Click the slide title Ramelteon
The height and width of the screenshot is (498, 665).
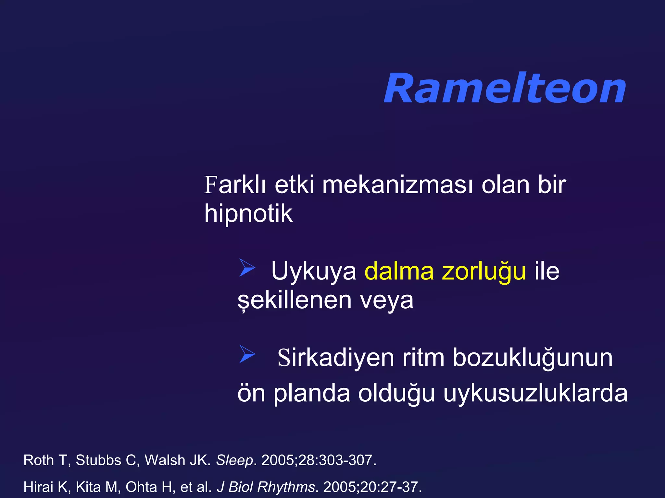click(x=505, y=88)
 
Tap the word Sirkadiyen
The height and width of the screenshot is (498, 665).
click(x=336, y=358)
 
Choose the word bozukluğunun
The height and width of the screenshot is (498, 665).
click(x=533, y=358)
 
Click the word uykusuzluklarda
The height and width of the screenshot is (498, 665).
click(x=535, y=393)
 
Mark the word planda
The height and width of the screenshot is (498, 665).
click(x=312, y=393)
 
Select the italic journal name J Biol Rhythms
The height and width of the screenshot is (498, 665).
click(x=266, y=487)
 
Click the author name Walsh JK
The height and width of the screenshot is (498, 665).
click(x=177, y=460)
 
